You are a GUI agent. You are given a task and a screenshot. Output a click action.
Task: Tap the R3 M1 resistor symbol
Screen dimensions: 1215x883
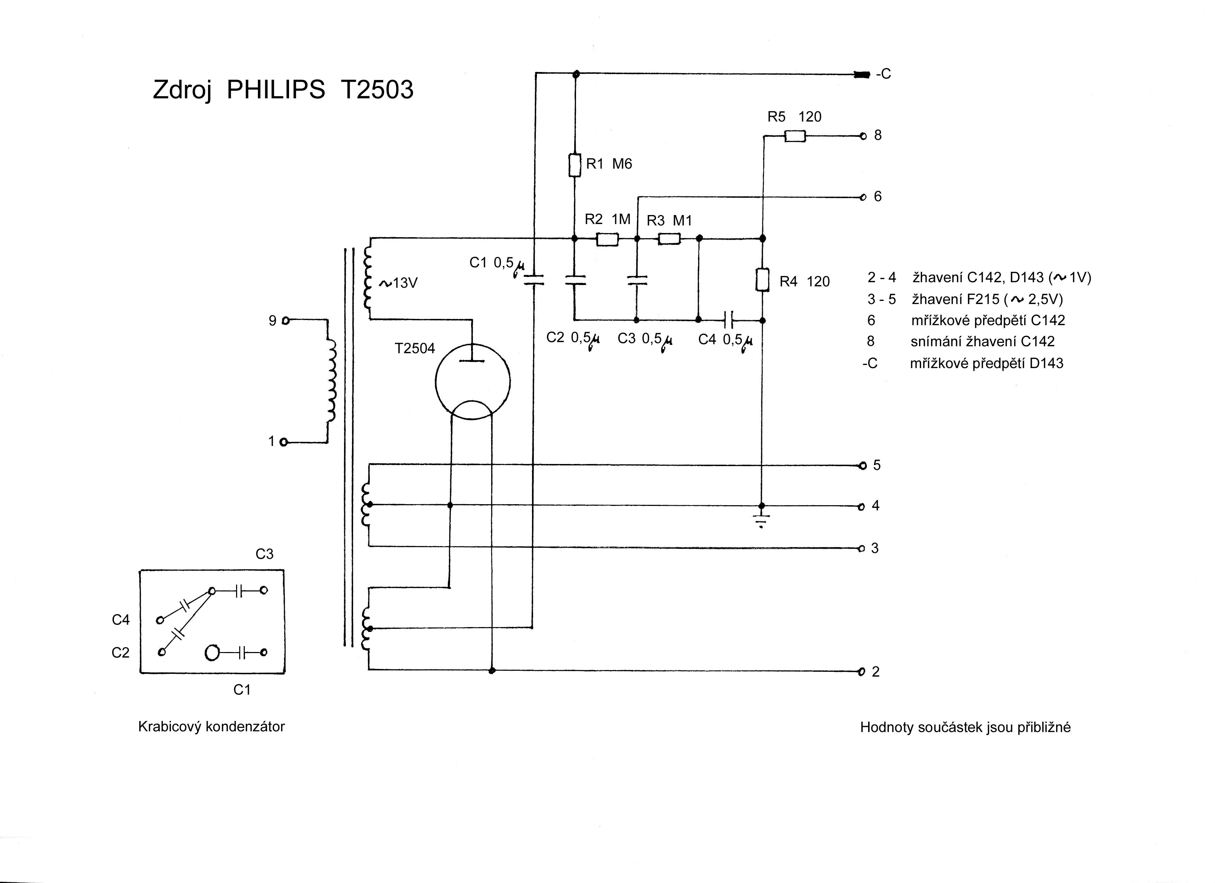(669, 239)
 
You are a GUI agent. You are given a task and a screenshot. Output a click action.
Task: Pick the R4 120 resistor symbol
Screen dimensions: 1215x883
(762, 280)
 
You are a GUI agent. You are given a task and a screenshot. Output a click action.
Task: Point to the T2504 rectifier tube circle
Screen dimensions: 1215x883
(472, 382)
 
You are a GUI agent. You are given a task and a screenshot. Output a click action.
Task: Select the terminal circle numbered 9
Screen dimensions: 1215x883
(286, 321)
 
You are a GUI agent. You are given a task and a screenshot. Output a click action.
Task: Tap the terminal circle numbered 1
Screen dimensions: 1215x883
(284, 443)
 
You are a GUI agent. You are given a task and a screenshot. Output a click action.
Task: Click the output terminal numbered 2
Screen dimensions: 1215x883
(862, 672)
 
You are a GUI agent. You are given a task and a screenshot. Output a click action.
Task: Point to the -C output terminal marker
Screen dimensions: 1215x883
(862, 74)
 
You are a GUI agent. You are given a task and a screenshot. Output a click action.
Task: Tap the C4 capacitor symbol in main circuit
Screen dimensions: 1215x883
(728, 320)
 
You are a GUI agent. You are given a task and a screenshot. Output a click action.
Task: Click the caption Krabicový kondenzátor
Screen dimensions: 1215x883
(211, 727)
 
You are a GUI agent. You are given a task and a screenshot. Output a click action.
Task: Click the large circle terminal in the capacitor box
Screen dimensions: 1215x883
(212, 653)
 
